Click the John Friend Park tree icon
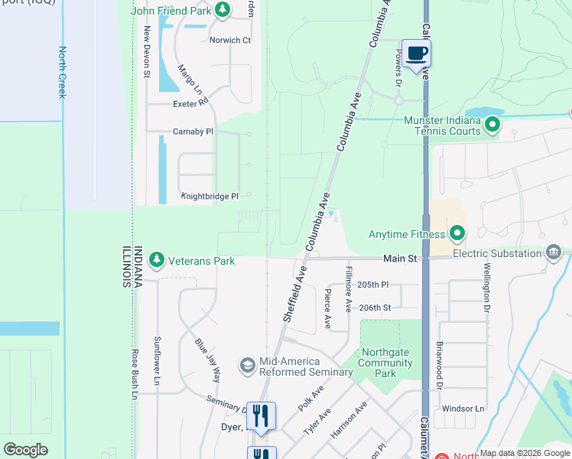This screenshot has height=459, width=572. [222, 10]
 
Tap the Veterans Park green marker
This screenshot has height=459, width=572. [157, 261]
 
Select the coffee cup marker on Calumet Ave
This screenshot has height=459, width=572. [416, 54]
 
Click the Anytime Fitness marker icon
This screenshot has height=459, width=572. [457, 232]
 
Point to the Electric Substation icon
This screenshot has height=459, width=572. [554, 253]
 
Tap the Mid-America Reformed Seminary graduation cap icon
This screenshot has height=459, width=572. [248, 366]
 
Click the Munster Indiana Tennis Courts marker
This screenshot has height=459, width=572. [492, 124]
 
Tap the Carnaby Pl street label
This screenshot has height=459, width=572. [192, 132]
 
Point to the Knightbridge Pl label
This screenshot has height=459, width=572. [210, 197]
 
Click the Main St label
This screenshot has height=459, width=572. [400, 259]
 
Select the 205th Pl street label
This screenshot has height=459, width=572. [374, 285]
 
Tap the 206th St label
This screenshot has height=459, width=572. [375, 308]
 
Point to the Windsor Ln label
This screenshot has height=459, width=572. [463, 409]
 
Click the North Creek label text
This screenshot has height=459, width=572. [61, 72]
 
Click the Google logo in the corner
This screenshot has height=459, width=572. [25, 449]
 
